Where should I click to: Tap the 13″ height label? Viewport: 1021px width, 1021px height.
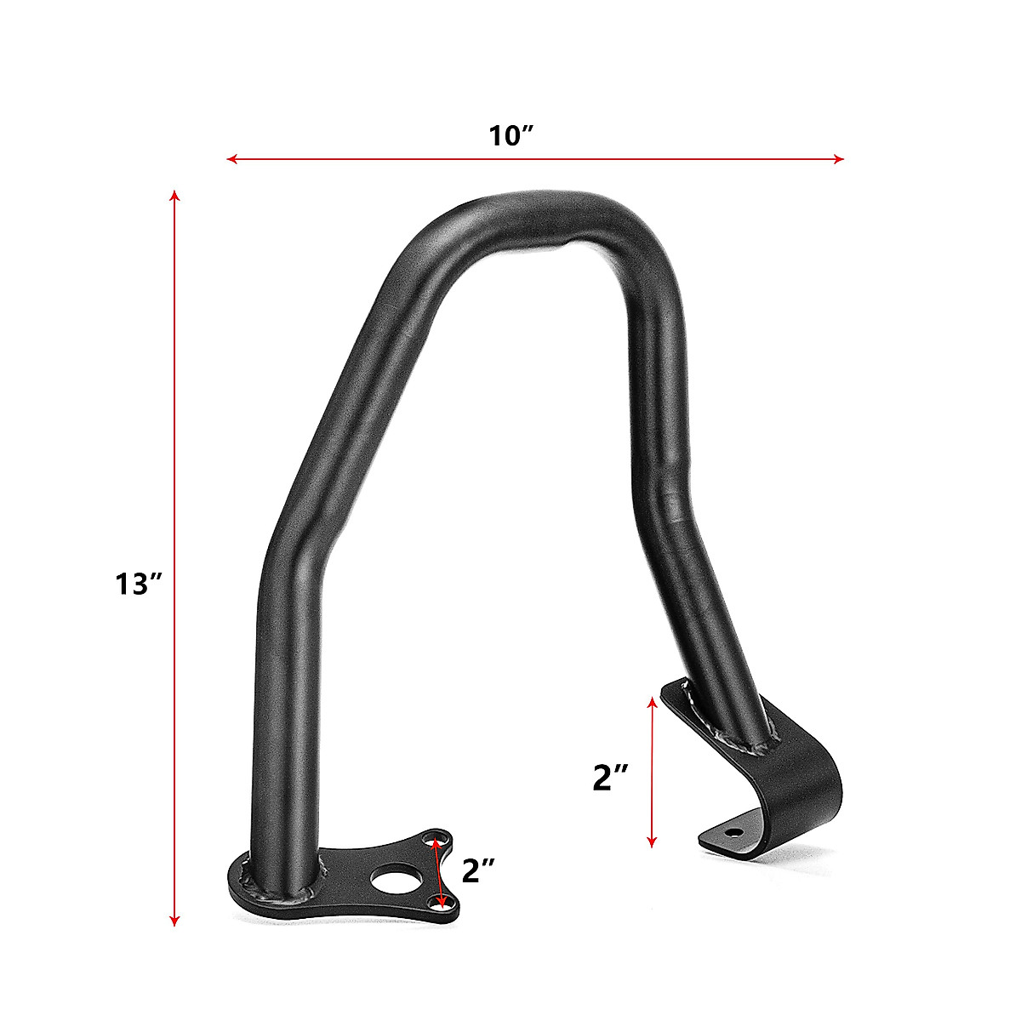coord(139,584)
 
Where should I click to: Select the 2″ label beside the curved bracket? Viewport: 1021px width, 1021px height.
coord(610,776)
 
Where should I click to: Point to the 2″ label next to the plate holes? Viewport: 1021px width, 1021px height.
coord(479,870)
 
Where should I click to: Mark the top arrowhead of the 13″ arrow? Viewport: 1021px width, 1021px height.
coord(174,195)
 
